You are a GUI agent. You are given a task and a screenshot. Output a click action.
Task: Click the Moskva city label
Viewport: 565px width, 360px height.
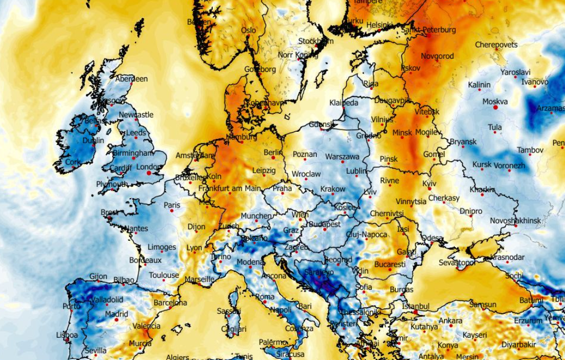[494, 101]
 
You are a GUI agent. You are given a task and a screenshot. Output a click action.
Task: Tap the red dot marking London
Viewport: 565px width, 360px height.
[149, 173]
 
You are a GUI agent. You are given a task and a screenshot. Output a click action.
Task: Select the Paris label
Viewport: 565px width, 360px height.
[172, 205]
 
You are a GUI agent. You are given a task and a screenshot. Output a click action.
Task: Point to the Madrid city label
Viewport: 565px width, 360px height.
[116, 314]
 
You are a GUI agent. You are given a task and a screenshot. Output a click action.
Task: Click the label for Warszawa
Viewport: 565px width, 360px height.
[342, 156]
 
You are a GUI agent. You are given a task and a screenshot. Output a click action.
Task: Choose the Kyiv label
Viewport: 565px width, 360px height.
[429, 184]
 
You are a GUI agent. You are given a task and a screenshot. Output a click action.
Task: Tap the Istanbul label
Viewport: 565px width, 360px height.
[416, 306]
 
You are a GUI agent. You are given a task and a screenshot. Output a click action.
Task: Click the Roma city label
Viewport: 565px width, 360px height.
[265, 297]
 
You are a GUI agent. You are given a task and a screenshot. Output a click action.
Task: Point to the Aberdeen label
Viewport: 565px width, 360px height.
[131, 79]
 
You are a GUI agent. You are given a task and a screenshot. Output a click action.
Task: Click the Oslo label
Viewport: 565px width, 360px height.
[248, 30]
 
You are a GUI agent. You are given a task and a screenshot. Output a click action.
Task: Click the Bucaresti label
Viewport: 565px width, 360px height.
[390, 264]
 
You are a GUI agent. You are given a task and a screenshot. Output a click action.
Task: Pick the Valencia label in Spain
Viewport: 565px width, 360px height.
[146, 326]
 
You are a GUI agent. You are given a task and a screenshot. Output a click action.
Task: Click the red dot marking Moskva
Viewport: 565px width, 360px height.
[495, 108]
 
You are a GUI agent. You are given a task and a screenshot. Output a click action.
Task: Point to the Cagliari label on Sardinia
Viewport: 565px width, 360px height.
[235, 329]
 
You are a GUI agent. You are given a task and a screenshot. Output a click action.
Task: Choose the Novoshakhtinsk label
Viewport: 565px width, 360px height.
[515, 221]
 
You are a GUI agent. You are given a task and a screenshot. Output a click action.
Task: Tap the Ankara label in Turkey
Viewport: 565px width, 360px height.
[451, 321]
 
